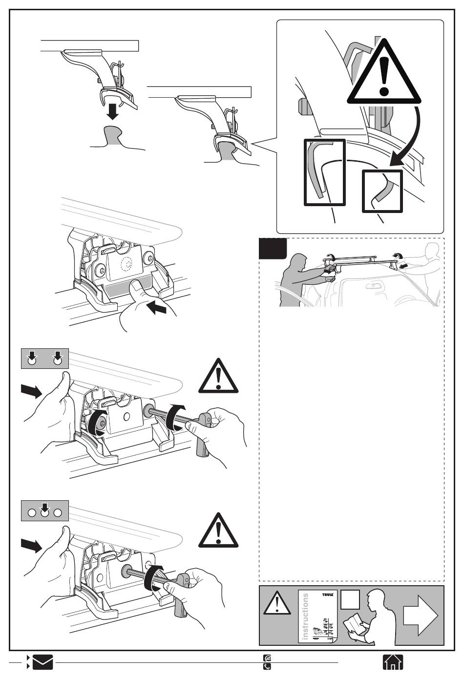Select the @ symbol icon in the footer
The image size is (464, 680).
pos(267,658)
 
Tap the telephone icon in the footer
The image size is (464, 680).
pos(267,666)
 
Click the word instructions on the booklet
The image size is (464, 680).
pos(306,616)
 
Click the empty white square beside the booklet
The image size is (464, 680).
pos(350,599)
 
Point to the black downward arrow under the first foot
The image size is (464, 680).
pos(113,111)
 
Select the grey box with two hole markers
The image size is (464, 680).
pos(45,358)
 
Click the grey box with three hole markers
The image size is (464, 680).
pos(45,510)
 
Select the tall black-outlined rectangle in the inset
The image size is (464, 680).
pos(325,172)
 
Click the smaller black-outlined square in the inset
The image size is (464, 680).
pos(382,191)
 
